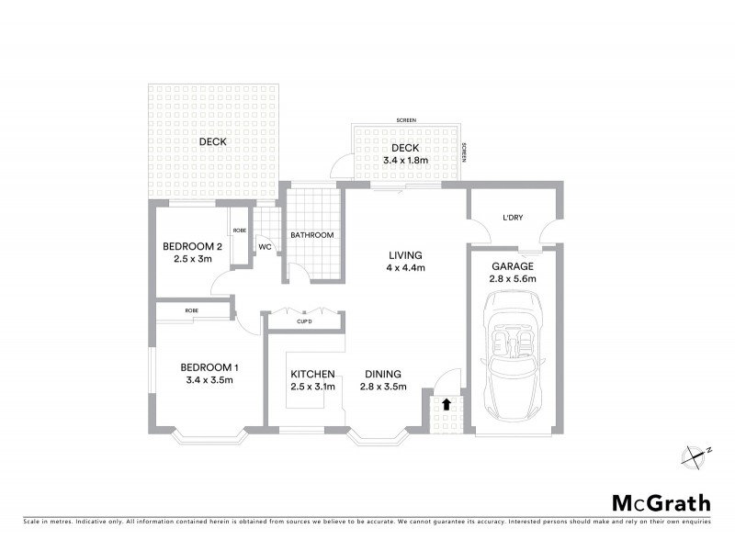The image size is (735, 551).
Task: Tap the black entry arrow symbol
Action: click(447, 403)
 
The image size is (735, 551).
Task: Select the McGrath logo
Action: click(661, 502)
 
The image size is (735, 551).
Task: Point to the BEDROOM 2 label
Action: click(193, 246)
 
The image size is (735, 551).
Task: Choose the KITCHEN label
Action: click(312, 374)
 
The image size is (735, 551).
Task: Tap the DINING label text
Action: click(382, 374)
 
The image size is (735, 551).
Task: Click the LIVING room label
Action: click(404, 255)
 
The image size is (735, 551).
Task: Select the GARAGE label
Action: click(514, 265)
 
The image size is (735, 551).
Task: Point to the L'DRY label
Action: click(513, 217)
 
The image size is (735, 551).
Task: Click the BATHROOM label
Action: click(312, 235)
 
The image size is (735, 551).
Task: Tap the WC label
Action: click(264, 247)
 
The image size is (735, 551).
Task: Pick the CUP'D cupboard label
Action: click(305, 321)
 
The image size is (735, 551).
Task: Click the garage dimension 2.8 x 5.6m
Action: click(514, 278)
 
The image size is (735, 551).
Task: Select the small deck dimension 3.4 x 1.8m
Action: click(404, 161)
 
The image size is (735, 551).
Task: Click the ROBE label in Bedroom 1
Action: click(192, 311)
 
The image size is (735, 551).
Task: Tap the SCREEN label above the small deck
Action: click(404, 121)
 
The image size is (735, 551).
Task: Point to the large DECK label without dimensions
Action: click(213, 141)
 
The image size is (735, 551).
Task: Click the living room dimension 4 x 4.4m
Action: click(404, 268)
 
